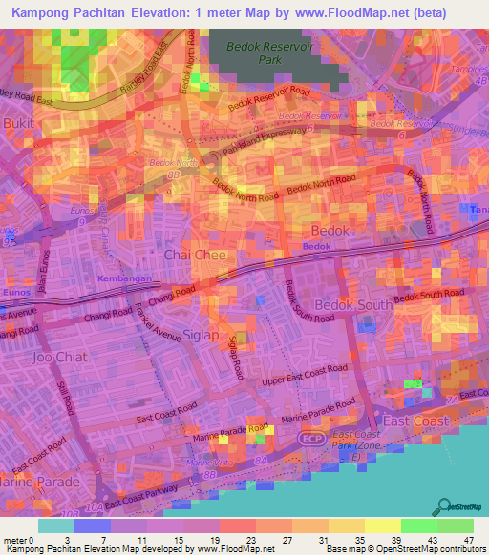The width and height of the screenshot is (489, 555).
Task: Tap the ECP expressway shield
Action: (x=309, y=438)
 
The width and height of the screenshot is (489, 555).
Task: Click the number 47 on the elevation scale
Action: (x=469, y=540)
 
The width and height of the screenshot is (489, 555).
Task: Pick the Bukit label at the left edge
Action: (x=19, y=124)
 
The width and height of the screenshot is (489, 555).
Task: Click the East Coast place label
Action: (x=415, y=421)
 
